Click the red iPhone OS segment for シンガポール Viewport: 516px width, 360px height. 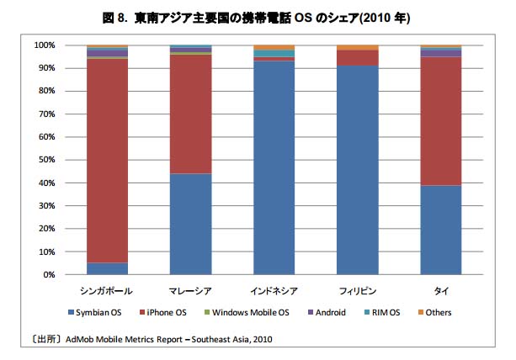tap(107, 160)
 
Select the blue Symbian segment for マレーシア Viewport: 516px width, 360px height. tap(190, 224)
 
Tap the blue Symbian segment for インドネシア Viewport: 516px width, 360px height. tap(274, 168)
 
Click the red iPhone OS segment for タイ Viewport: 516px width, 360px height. tap(440, 121)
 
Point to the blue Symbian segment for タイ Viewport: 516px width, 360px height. tap(440, 230)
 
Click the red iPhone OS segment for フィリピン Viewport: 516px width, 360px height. tap(357, 57)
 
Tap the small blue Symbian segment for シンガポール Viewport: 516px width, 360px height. tap(107, 268)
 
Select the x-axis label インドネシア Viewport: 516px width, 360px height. tap(274, 289)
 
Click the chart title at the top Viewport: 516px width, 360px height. tap(258, 18)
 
